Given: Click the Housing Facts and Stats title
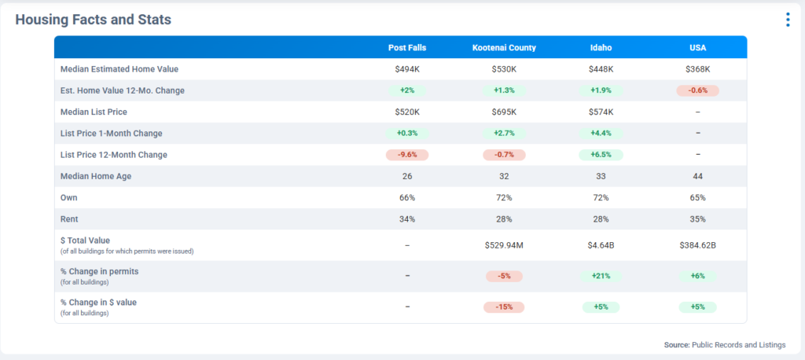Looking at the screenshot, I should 94,19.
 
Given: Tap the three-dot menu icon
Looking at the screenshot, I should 787,20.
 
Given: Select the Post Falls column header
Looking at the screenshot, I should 407,48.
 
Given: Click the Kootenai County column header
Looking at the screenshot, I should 504,48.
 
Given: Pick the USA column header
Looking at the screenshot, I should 697,48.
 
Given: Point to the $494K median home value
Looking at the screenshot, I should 407,69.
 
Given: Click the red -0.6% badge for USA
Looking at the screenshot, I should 697,90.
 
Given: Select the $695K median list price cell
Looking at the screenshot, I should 504,112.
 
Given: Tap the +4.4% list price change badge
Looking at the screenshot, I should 601,134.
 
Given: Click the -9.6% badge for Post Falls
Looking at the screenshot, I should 407,155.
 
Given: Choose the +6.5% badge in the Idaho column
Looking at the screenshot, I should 601,155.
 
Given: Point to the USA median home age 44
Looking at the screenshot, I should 697,176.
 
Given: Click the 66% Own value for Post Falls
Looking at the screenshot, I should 407,197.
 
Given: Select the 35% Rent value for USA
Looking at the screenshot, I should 697,219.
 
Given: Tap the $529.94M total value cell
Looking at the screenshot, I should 504,245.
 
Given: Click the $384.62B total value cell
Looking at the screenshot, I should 697,245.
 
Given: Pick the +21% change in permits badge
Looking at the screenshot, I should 601,276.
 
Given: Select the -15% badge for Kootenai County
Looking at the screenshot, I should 504,307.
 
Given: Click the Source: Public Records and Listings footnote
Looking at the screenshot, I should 724,344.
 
